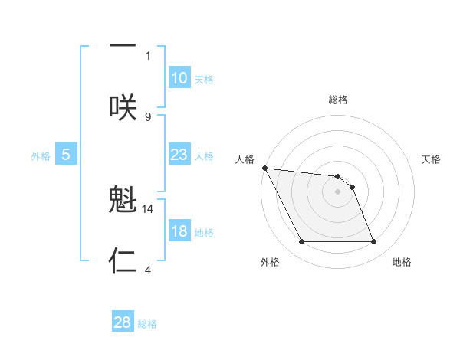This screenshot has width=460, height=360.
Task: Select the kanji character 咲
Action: pyautogui.click(x=123, y=106)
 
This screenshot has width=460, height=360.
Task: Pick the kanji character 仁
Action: pyautogui.click(x=123, y=260)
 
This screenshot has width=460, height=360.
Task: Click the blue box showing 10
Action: pyautogui.click(x=179, y=78)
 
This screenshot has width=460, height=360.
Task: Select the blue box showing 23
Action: pyautogui.click(x=179, y=155)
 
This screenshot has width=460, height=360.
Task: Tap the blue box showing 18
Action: pyautogui.click(x=179, y=231)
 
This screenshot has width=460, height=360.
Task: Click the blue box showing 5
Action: pyautogui.click(x=66, y=155)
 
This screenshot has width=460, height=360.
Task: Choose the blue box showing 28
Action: pyautogui.click(x=123, y=322)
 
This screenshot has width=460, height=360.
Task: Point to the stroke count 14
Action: pyautogui.click(x=148, y=208)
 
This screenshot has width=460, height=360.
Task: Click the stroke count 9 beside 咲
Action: pyautogui.click(x=148, y=116)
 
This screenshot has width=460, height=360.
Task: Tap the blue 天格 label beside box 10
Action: pyautogui.click(x=204, y=80)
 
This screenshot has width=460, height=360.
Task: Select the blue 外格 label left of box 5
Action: pyautogui.click(x=41, y=156)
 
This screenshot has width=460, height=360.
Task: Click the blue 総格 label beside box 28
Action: pyautogui.click(x=147, y=324)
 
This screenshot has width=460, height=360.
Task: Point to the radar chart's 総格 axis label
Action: pyautogui.click(x=338, y=100)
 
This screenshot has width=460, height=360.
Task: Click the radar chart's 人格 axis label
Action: pyautogui.click(x=245, y=159)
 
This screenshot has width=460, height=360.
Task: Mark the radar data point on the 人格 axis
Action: pyautogui.click(x=264, y=168)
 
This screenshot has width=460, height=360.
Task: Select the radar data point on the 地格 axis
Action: pyautogui.click(x=373, y=242)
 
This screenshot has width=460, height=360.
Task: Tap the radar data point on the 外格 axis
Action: pyautogui.click(x=301, y=242)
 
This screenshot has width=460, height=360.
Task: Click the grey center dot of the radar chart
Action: pyautogui.click(x=337, y=191)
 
